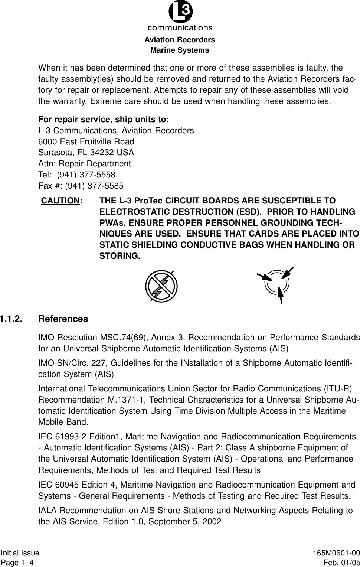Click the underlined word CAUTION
coord(60,201)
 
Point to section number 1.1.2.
coord(11,319)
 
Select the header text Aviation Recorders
coord(180,40)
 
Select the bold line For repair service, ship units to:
coord(104,120)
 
